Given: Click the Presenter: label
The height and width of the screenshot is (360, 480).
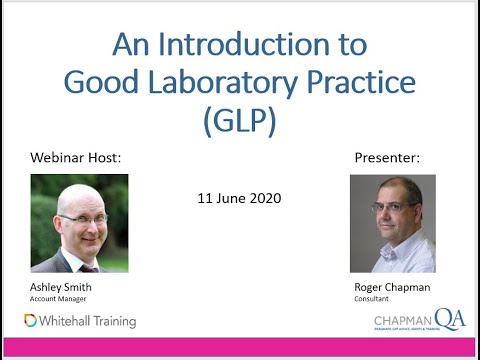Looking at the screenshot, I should (387, 159).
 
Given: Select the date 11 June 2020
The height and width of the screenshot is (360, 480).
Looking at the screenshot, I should (239, 198).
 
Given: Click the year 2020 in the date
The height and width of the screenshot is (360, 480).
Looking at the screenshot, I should (265, 198).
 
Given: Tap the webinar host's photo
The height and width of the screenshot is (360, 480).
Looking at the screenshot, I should (79, 223).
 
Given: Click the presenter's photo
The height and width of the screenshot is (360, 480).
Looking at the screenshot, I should (392, 223).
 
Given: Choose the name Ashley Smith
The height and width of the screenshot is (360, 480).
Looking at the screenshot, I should (61, 287).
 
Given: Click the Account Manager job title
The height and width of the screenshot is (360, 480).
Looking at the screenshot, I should (57, 298).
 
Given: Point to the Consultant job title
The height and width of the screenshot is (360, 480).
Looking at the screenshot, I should (371, 298).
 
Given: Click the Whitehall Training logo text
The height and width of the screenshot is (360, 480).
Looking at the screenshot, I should (88, 321).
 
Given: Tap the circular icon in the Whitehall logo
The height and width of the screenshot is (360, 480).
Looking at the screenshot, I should (31, 321).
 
